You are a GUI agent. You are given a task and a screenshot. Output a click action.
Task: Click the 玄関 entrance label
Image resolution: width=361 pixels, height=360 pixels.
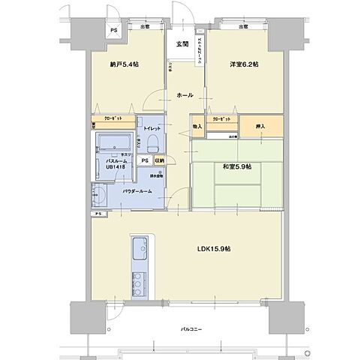pyautogui.click(x=182, y=44)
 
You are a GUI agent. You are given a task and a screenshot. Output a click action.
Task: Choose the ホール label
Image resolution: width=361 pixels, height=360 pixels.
pyautogui.click(x=185, y=96)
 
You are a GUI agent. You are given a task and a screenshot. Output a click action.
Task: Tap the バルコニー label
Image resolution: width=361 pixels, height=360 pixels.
pyautogui.click(x=194, y=329)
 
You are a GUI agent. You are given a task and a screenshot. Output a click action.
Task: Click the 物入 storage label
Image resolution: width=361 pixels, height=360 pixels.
pyautogui.click(x=197, y=127)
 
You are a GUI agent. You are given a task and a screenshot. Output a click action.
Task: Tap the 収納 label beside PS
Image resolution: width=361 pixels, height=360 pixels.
pyautogui.click(x=159, y=160)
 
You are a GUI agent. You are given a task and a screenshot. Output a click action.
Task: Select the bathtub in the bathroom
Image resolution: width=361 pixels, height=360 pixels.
pyautogui.click(x=113, y=142)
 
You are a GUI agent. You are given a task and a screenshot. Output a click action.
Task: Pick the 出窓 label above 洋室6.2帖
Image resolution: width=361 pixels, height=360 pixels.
pyautogui.click(x=242, y=27)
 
